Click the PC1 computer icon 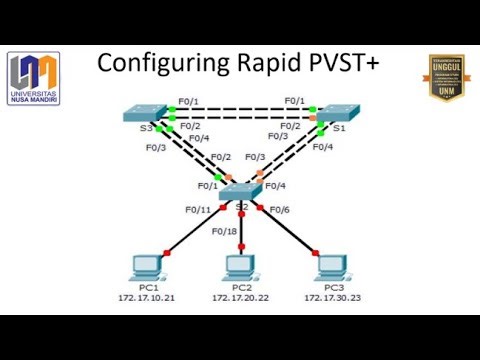pyautogui.click(x=147, y=268)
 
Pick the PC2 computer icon pyautogui.click(x=240, y=268)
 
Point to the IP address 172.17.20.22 pyautogui.click(x=241, y=299)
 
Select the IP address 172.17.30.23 pyautogui.click(x=333, y=299)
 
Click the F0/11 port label pyautogui.click(x=197, y=209)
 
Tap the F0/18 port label pyautogui.click(x=224, y=231)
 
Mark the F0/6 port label pyautogui.click(x=279, y=209)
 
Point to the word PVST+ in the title pyautogui.click(x=342, y=63)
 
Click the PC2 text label pyautogui.click(x=241, y=288)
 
